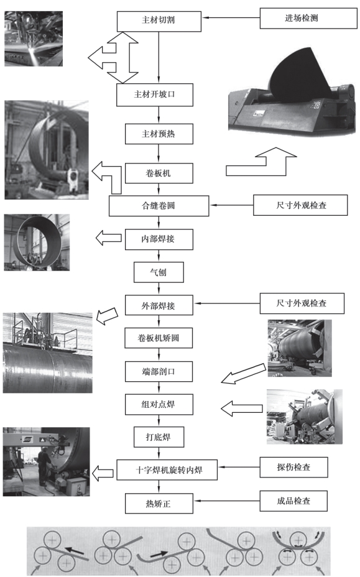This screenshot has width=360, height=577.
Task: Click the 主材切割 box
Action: (x=159, y=21)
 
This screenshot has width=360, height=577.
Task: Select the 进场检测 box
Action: (x=308, y=19)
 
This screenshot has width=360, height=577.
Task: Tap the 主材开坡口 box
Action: (x=155, y=95)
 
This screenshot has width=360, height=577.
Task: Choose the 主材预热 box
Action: (x=159, y=134)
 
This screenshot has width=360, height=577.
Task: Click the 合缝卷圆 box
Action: (x=159, y=206)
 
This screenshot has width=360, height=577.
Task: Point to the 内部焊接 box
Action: (x=159, y=239)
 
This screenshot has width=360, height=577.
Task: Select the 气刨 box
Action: (x=159, y=272)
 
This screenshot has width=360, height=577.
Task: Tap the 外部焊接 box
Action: (x=159, y=305)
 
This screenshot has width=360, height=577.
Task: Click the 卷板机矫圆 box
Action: (x=159, y=338)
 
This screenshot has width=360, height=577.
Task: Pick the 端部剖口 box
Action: (x=159, y=372)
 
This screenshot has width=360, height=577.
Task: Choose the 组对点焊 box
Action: (x=159, y=404)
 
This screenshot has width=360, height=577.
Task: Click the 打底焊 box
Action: (x=159, y=437)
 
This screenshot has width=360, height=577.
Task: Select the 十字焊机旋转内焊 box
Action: (x=167, y=470)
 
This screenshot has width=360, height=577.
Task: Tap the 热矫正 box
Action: (x=159, y=504)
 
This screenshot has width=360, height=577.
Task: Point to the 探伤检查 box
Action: (x=293, y=468)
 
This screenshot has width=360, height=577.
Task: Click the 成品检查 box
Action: (x=293, y=501)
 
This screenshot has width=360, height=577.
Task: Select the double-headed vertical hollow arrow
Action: (x=122, y=58)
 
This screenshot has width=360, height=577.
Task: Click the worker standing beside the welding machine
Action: (x=44, y=466)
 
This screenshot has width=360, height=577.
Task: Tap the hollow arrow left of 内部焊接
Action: (x=109, y=238)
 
